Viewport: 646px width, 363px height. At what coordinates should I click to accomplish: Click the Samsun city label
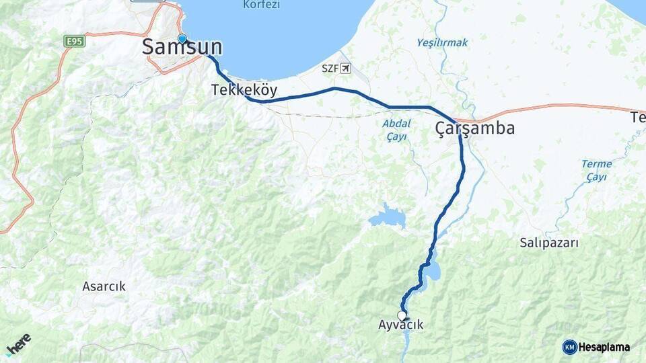coord(182,47)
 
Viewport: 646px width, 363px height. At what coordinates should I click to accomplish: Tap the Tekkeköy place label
coord(244,90)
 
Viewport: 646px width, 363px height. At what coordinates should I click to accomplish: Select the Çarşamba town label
coord(475,128)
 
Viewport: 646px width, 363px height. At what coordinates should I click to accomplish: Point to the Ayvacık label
coord(401,325)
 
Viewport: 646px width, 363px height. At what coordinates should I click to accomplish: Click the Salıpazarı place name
coord(550,243)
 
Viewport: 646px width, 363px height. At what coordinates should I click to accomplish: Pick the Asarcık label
coord(104,286)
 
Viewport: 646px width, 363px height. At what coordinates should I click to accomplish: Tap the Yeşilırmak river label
coord(442,42)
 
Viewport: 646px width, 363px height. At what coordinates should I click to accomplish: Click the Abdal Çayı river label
coord(396,130)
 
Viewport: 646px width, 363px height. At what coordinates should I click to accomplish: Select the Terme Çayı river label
coord(596,170)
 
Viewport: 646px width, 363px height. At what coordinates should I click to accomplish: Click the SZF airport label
coord(330,68)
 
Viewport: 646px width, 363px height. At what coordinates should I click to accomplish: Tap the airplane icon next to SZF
coord(346,68)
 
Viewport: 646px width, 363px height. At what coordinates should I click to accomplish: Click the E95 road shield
coord(75,42)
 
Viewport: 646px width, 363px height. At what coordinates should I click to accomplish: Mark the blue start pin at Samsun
coord(182,38)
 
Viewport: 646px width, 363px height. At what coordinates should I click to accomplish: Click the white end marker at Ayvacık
coord(402,315)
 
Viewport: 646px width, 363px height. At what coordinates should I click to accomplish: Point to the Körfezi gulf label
coord(261,5)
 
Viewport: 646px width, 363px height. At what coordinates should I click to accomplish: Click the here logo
coord(18,344)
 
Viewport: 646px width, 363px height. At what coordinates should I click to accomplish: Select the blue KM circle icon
coord(569,348)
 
